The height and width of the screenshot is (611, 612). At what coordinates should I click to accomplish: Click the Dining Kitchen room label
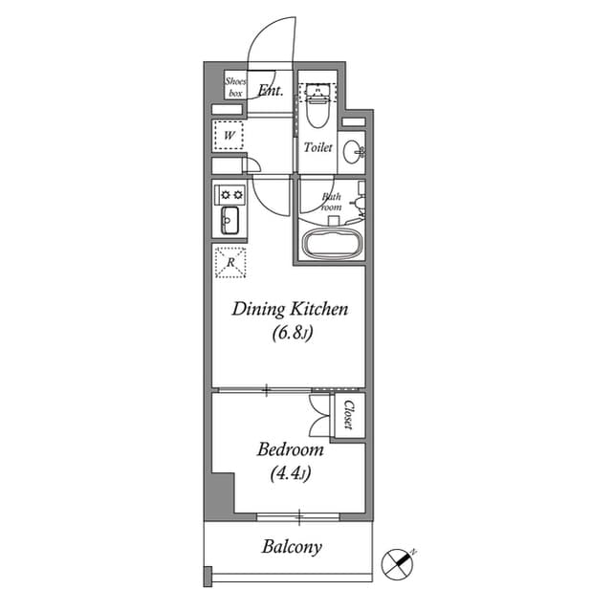290,310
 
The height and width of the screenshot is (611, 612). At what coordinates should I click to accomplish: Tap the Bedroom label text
291,449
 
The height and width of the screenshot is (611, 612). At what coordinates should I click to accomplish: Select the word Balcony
292,548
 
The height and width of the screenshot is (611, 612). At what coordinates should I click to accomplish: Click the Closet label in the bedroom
350,414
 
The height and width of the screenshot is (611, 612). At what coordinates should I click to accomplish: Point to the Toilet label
317,148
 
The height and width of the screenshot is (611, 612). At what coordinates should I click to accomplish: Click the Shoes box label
235,88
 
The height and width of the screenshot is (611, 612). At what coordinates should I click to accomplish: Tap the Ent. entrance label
269,91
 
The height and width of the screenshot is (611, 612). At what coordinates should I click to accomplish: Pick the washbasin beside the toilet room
354,149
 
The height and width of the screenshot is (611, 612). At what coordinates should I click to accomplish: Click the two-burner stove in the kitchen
230,193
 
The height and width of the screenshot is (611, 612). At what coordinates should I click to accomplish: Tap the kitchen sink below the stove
230,222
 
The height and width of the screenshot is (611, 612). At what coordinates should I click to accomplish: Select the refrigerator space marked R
230,262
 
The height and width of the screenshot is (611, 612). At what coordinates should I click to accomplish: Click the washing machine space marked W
229,136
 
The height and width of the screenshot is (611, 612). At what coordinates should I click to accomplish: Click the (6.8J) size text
289,334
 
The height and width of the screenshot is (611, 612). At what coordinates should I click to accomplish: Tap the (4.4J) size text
290,472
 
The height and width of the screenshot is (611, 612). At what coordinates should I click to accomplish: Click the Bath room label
331,201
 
